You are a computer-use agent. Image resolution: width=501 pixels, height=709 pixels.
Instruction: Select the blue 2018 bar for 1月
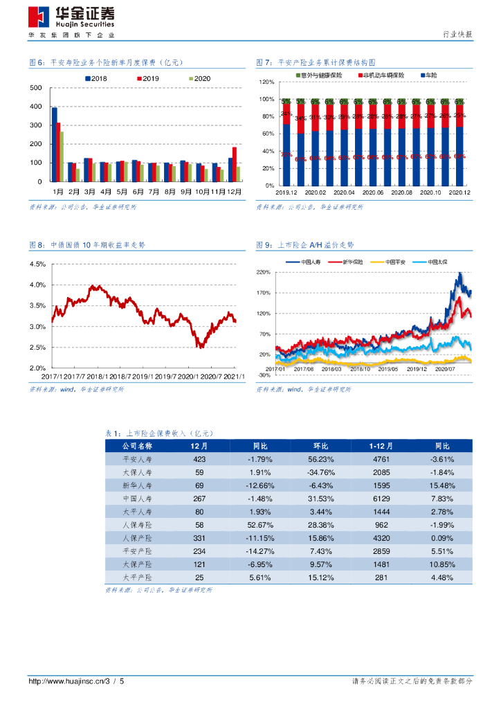tap(55, 143)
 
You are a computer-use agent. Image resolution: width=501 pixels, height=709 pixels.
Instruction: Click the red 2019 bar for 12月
tap(235, 163)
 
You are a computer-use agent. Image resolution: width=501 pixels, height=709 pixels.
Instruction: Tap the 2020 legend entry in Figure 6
tap(199, 79)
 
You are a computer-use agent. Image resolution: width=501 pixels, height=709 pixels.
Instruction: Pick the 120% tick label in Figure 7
tap(267, 82)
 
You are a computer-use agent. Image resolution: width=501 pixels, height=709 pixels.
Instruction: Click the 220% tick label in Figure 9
tap(264, 273)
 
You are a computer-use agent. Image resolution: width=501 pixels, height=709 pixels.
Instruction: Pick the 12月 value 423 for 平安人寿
tap(199, 459)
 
